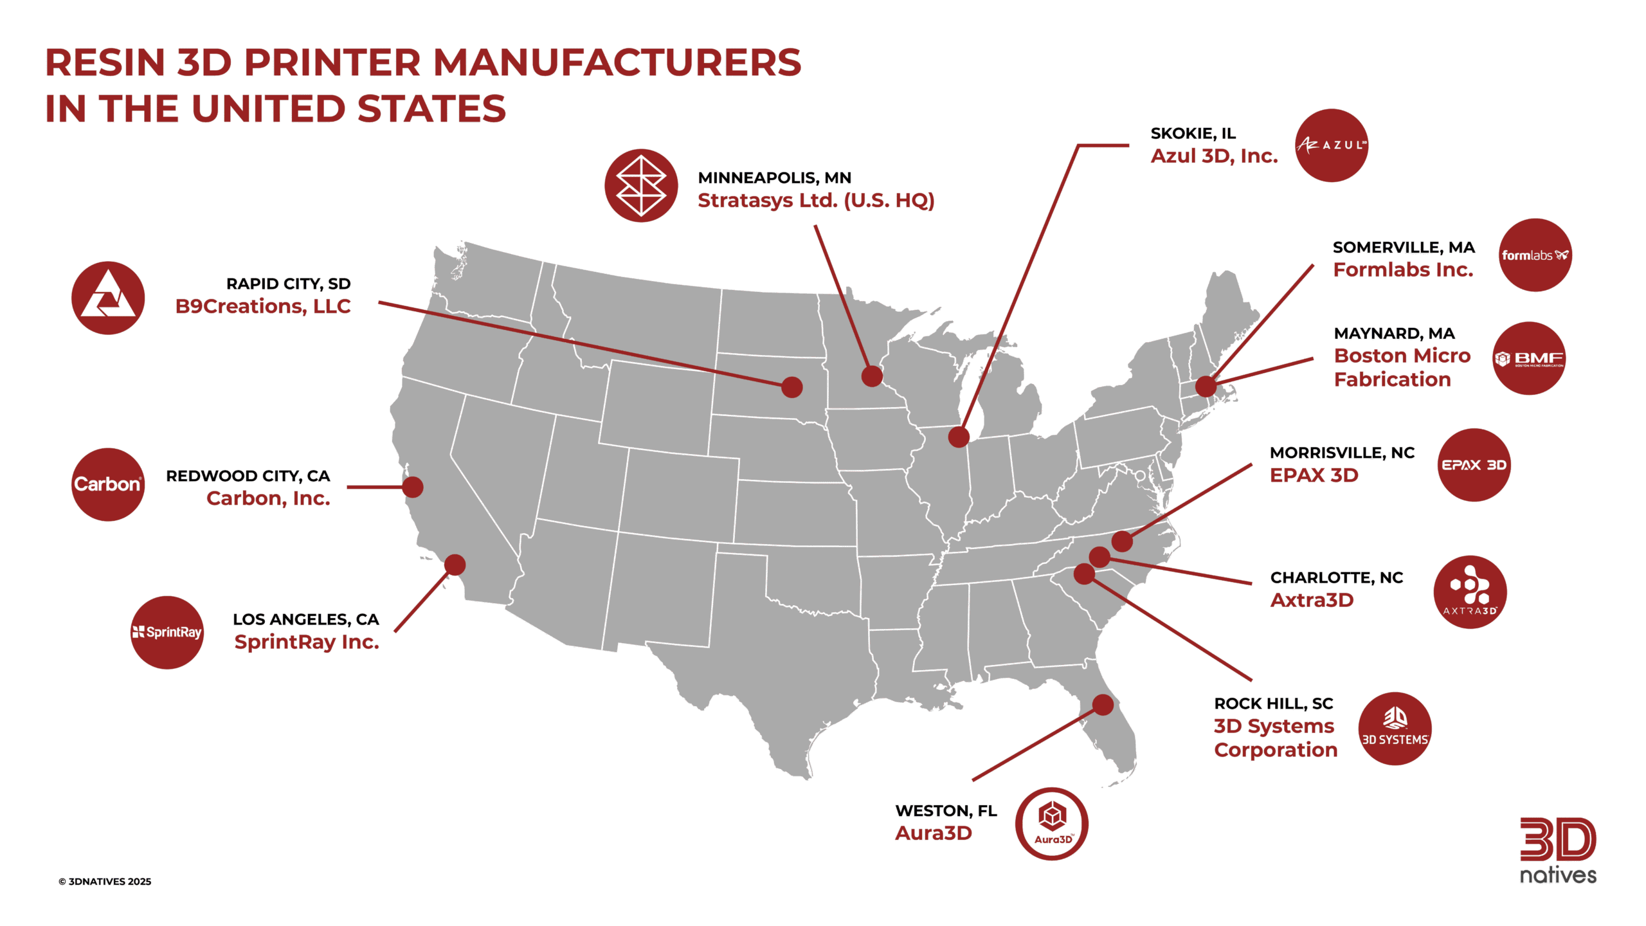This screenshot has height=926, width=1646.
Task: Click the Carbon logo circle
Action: pyautogui.click(x=108, y=484)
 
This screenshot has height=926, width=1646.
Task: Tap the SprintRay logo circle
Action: pyautogui.click(x=167, y=632)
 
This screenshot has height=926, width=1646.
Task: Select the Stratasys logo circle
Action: pyautogui.click(x=641, y=186)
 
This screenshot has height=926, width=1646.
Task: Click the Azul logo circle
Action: pyautogui.click(x=1331, y=145)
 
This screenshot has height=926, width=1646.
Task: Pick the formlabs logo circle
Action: pyautogui.click(x=1535, y=255)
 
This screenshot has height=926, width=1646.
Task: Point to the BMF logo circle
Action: pyautogui.click(x=1529, y=358)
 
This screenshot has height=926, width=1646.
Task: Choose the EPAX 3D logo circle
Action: pyautogui.click(x=1474, y=465)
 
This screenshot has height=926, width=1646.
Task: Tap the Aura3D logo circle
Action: pyautogui.click(x=1052, y=824)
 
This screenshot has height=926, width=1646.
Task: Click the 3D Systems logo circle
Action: pyautogui.click(x=1395, y=729)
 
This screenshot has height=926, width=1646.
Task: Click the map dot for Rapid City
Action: pyautogui.click(x=792, y=387)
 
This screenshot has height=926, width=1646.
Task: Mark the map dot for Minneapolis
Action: pyautogui.click(x=872, y=376)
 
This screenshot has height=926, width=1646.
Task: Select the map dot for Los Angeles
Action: pyautogui.click(x=455, y=565)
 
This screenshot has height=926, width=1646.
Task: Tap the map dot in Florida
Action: pyautogui.click(x=1103, y=705)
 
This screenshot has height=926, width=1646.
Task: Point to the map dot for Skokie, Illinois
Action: pyautogui.click(x=959, y=437)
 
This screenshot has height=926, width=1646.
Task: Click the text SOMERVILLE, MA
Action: pyautogui.click(x=1404, y=248)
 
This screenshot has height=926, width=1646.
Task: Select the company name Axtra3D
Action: pyautogui.click(x=1312, y=600)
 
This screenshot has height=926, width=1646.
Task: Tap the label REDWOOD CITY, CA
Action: pyautogui.click(x=248, y=476)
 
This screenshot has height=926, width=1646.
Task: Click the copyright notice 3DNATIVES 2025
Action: pyautogui.click(x=105, y=882)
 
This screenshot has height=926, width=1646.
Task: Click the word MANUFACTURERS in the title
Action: pyautogui.click(x=617, y=63)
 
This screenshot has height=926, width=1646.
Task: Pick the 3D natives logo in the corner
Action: pyautogui.click(x=1558, y=851)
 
